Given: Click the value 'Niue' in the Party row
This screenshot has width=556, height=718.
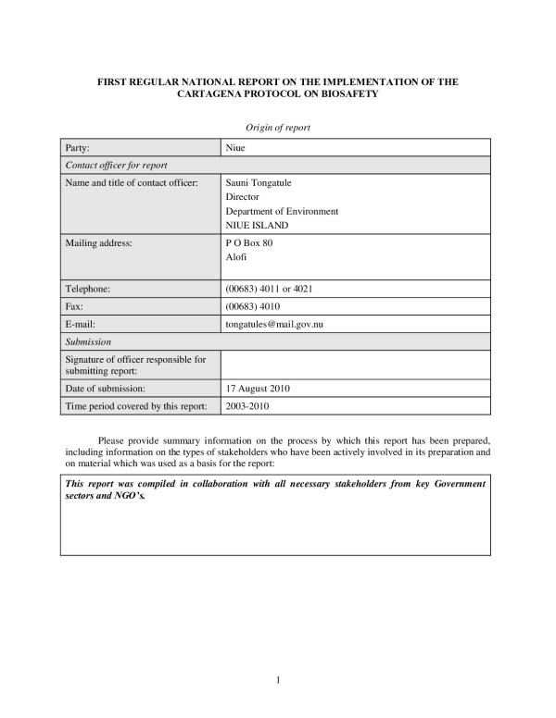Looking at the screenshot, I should [x=235, y=148].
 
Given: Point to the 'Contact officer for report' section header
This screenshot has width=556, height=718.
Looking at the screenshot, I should [x=116, y=165].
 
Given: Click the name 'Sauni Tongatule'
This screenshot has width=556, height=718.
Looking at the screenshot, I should [x=258, y=182].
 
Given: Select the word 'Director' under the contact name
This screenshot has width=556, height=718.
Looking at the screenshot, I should [x=243, y=197].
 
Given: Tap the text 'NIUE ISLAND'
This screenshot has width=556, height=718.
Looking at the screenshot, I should [x=257, y=225].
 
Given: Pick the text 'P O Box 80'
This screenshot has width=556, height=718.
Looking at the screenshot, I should [x=247, y=242].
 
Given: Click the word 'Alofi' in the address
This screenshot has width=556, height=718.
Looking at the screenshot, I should [x=237, y=256].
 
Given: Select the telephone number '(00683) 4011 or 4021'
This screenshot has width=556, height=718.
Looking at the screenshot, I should [x=270, y=289].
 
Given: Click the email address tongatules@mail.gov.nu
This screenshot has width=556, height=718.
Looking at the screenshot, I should [x=280, y=324].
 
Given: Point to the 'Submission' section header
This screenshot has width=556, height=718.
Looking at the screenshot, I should [x=88, y=341].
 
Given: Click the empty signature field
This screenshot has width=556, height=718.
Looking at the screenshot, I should [x=355, y=365].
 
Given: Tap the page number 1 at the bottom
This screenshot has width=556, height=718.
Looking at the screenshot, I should [x=278, y=681].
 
